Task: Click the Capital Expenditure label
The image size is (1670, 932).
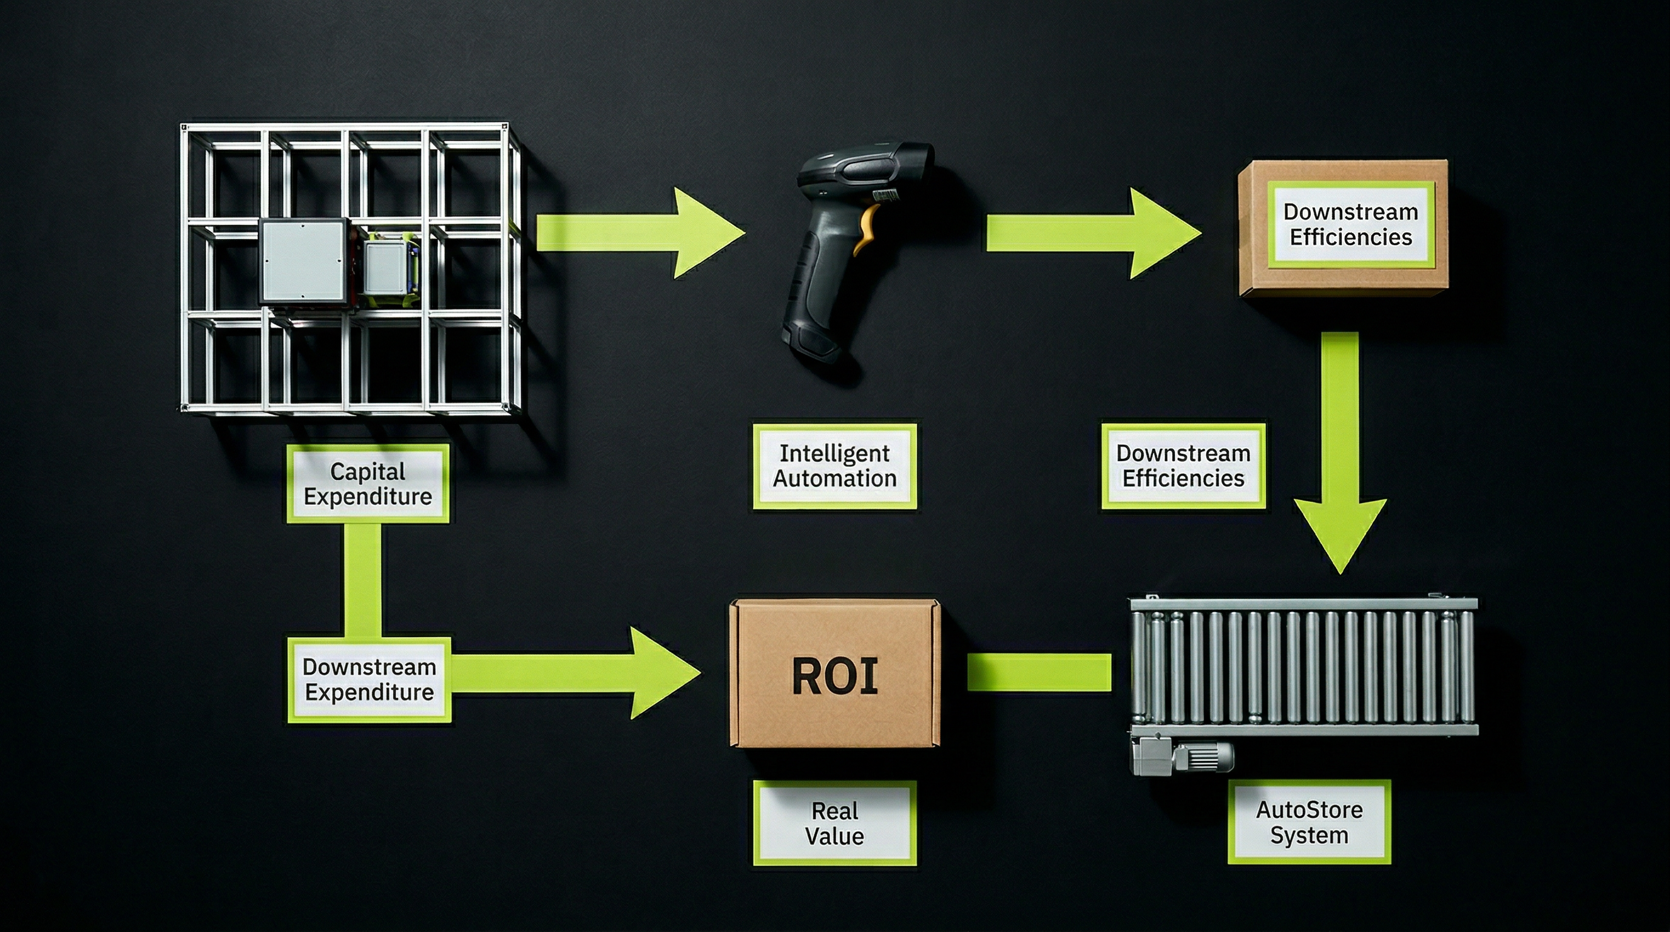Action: click(x=368, y=484)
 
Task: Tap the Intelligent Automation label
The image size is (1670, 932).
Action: click(x=834, y=466)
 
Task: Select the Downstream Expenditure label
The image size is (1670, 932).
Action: click(x=369, y=679)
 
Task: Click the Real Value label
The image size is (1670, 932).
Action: click(x=834, y=823)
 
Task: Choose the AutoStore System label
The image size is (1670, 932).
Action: click(x=1309, y=822)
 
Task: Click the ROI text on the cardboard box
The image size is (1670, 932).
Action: click(x=835, y=677)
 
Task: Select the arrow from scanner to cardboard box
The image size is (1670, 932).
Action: click(x=1092, y=234)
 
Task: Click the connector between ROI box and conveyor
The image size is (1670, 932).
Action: click(x=1038, y=672)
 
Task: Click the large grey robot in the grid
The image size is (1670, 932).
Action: click(x=303, y=261)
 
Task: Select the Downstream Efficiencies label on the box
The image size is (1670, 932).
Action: click(x=1350, y=225)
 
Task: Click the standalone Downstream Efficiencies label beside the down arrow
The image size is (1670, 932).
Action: click(x=1183, y=466)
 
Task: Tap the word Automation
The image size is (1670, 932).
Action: click(x=834, y=479)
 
